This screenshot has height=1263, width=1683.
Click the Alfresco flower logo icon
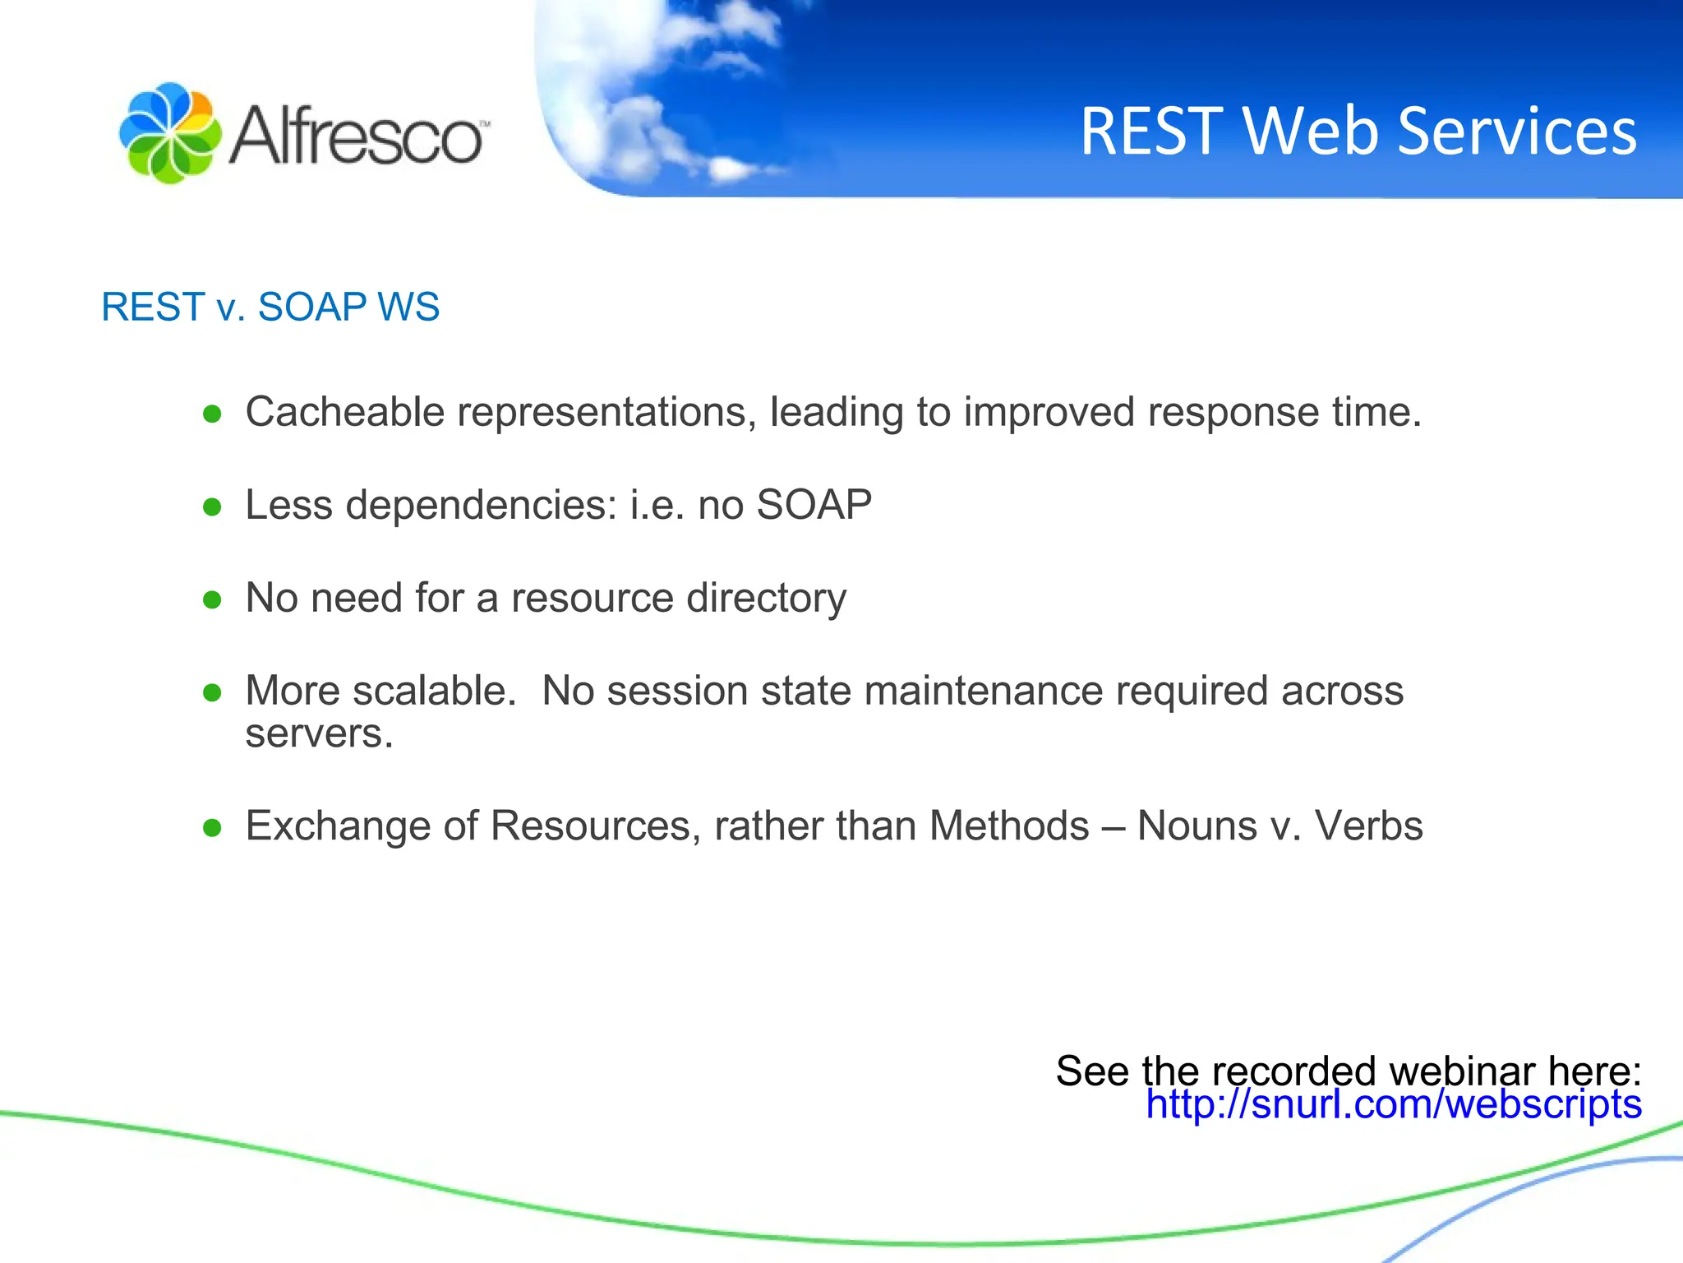coord(170,133)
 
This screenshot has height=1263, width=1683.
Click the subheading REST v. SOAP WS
coord(270,308)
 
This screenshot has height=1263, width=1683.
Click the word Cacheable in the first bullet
coord(345,412)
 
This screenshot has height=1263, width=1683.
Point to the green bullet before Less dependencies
coord(213,507)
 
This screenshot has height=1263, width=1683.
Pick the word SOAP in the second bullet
coord(814,505)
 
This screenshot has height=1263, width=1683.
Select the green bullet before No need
coord(213,599)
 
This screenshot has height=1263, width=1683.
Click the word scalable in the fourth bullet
coord(434,691)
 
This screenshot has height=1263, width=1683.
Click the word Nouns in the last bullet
coord(1197,826)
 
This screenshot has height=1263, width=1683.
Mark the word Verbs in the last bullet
coord(1368,826)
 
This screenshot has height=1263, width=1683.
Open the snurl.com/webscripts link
coord(1394,1104)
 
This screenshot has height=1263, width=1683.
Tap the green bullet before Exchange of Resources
coord(213,828)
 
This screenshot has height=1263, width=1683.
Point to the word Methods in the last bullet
coord(1009,826)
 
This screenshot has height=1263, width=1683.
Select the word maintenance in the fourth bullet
coord(983,691)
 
